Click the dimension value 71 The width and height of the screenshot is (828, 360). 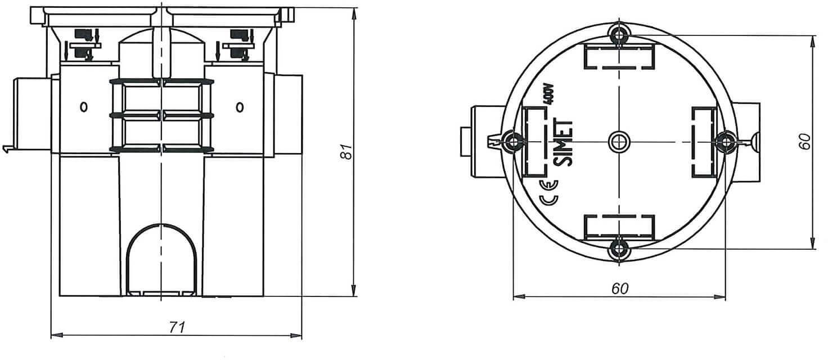pyautogui.click(x=177, y=327)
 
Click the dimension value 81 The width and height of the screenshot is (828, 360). pyautogui.click(x=346, y=151)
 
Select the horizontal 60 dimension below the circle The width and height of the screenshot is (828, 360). pyautogui.click(x=619, y=288)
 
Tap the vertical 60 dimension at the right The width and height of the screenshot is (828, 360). pyautogui.click(x=805, y=141)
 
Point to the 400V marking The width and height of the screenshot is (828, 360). pyautogui.click(x=550, y=94)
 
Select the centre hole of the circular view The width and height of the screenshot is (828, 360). pyautogui.click(x=619, y=141)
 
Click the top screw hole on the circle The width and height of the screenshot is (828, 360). pyautogui.click(x=619, y=35)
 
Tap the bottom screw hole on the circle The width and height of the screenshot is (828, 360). pyautogui.click(x=619, y=247)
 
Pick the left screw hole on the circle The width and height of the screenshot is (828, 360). pyautogui.click(x=513, y=141)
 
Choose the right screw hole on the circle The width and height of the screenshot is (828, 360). pyautogui.click(x=725, y=141)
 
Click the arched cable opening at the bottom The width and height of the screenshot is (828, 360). pyautogui.click(x=161, y=259)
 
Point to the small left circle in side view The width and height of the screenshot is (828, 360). pyautogui.click(x=83, y=106)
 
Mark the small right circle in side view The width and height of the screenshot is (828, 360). pyautogui.click(x=240, y=106)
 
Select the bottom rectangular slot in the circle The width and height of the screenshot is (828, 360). pyautogui.click(x=619, y=226)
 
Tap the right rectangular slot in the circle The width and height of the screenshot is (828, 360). pyautogui.click(x=702, y=141)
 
